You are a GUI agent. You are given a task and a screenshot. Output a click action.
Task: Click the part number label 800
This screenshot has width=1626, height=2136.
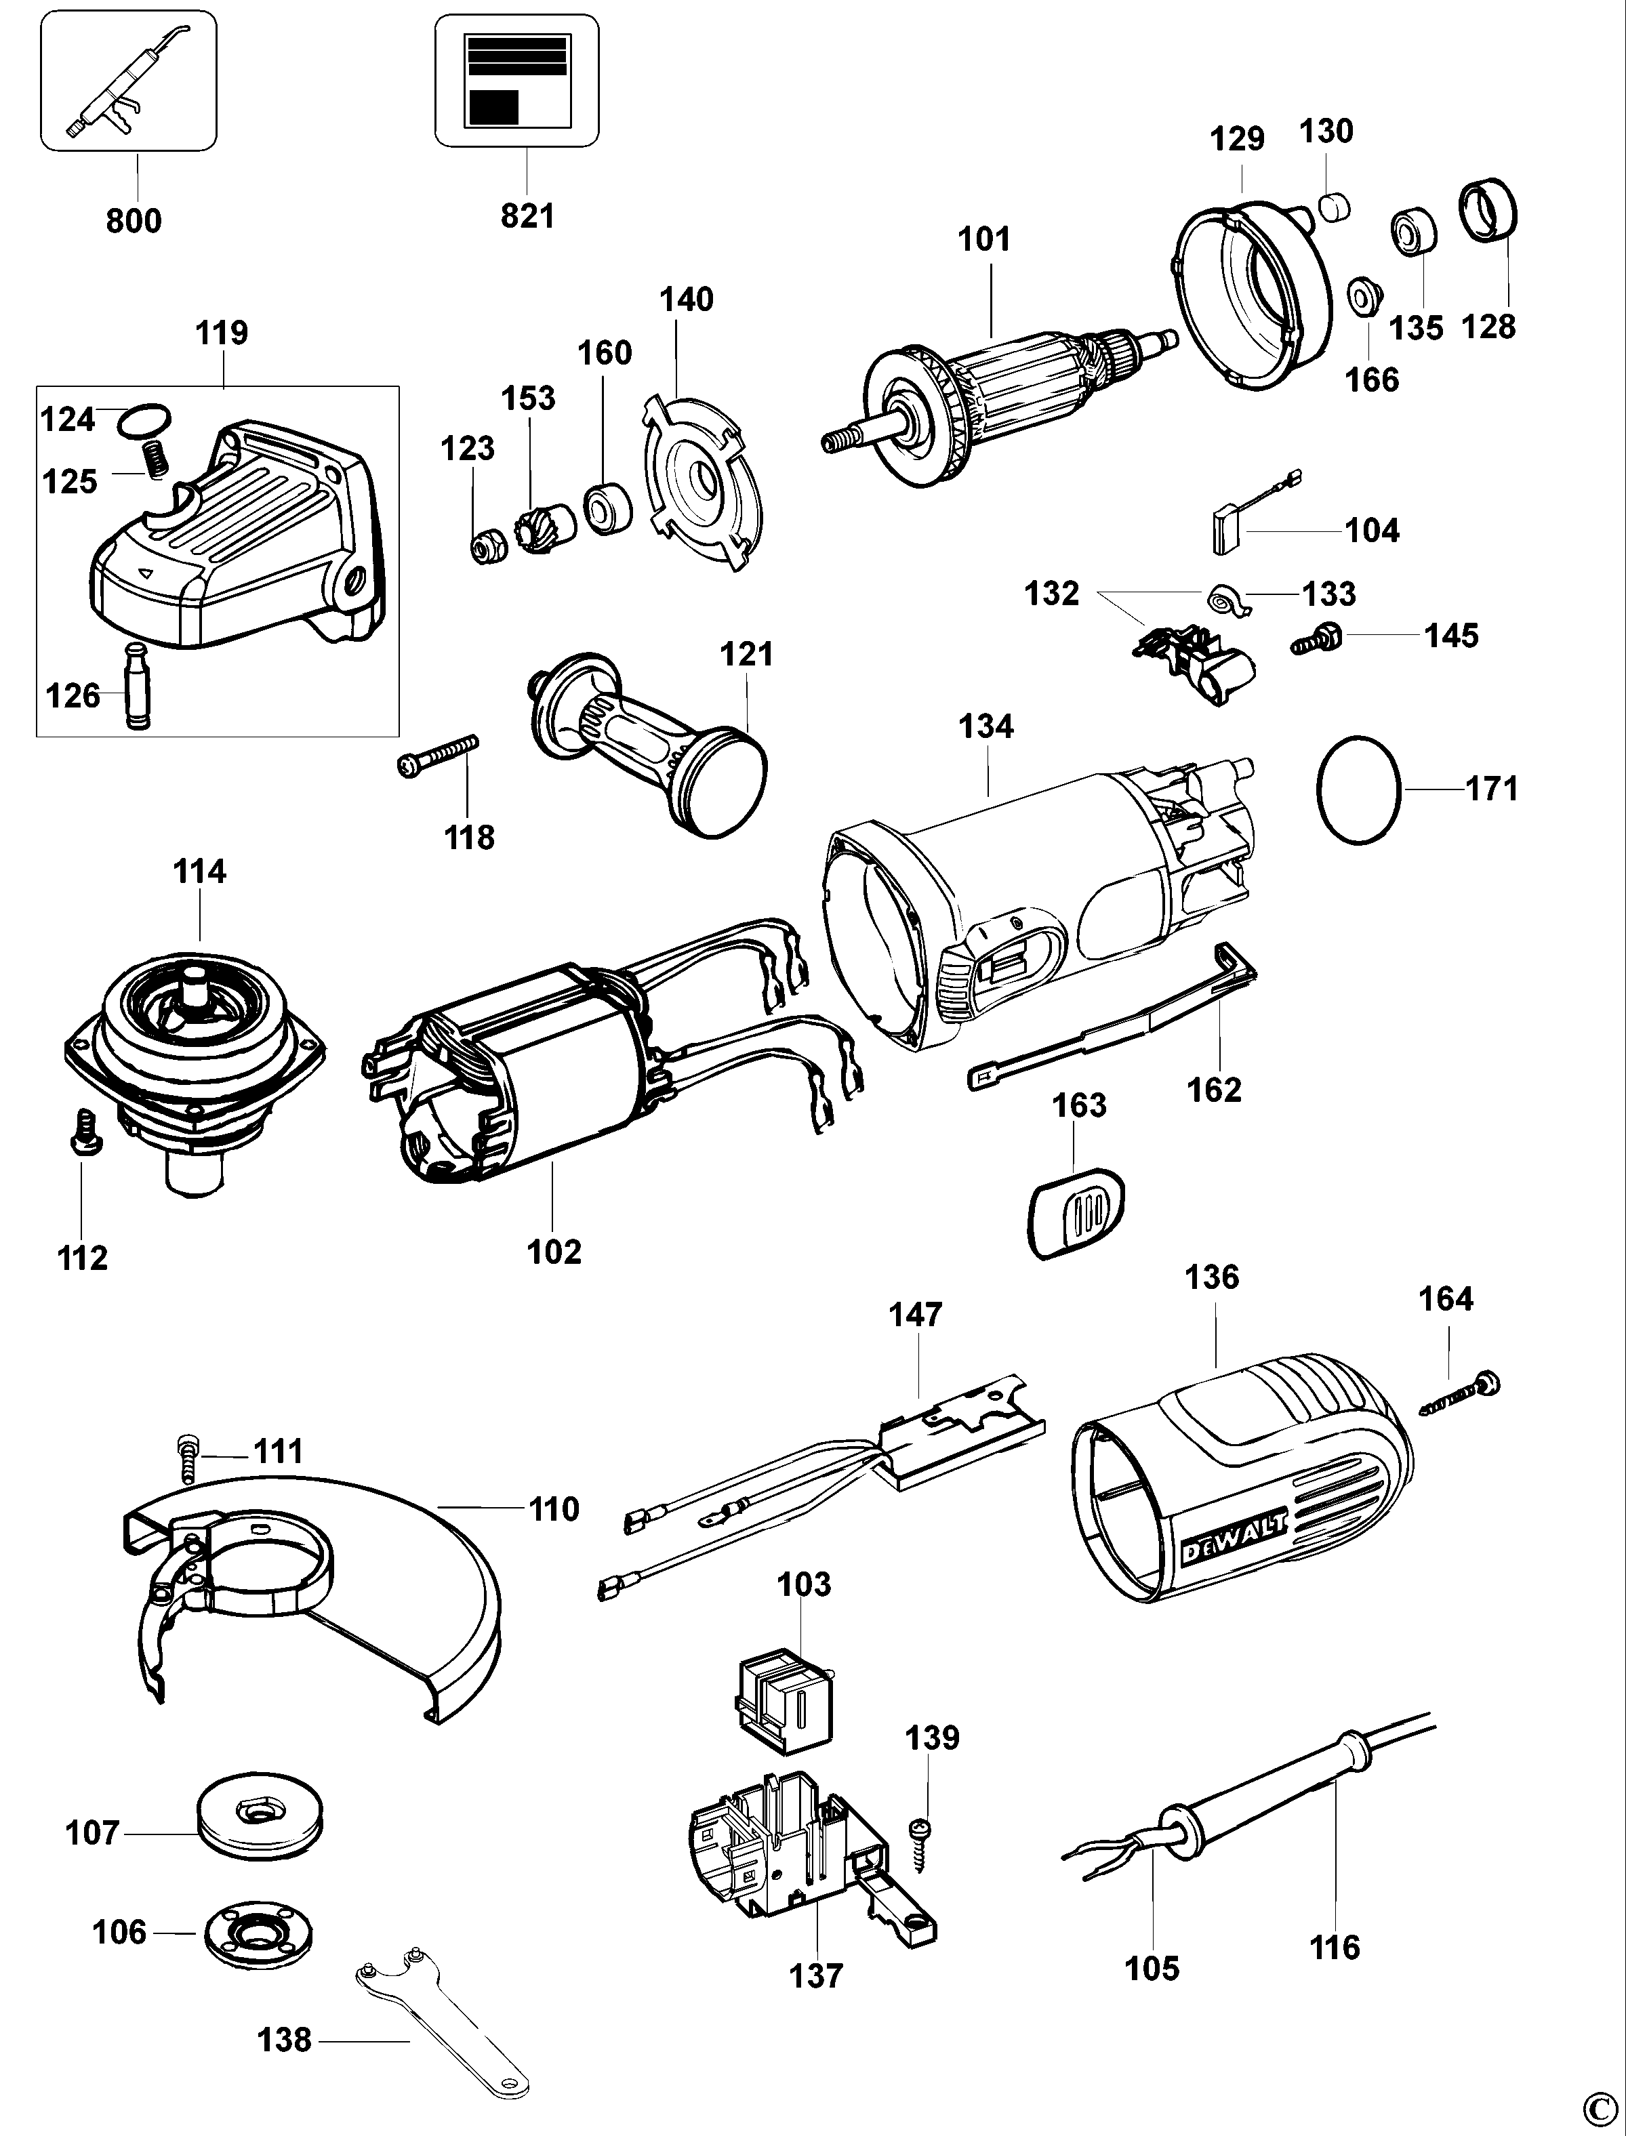coord(134,221)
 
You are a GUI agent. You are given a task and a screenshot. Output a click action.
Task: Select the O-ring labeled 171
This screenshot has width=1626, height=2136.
coord(1359,789)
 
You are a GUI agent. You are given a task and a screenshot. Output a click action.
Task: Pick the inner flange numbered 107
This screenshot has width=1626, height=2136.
coord(260,1819)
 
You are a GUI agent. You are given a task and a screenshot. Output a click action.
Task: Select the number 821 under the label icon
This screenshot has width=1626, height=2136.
coord(527,215)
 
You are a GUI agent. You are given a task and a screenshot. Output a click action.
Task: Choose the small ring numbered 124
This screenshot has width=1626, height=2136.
coord(144,420)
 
